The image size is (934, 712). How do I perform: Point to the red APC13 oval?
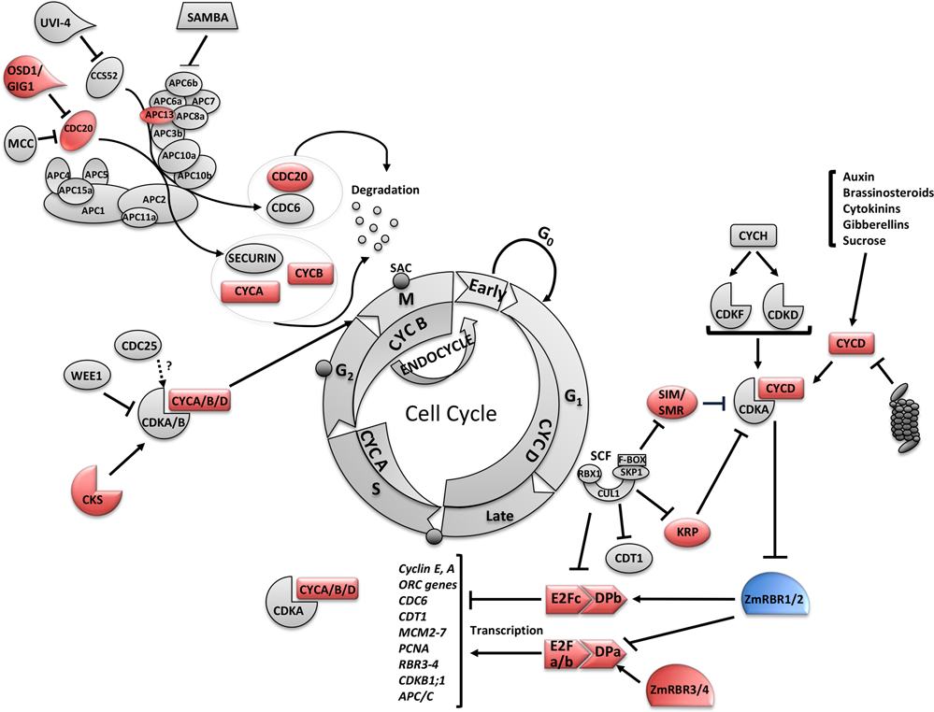pyautogui.click(x=156, y=115)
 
